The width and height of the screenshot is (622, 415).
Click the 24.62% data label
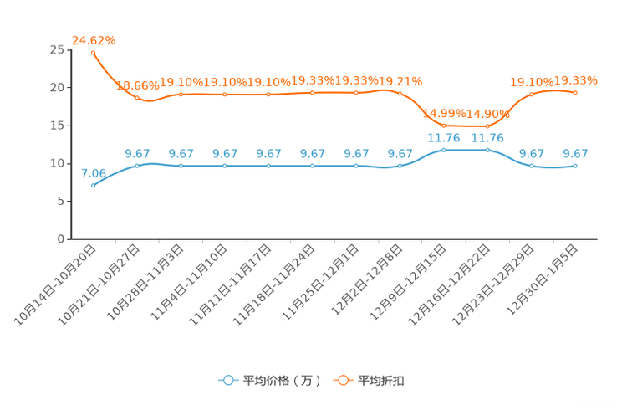pos(94,40)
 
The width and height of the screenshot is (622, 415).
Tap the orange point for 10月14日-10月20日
pos(94,53)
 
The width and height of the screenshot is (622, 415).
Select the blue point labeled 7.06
pos(94,186)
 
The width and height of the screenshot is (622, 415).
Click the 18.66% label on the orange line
pos(138,85)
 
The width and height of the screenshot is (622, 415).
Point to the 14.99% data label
pos(444,113)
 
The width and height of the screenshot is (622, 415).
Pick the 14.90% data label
pos(488,114)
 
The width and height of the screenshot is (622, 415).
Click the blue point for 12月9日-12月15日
pos(444,150)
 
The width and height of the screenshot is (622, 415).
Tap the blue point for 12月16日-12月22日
pos(487,150)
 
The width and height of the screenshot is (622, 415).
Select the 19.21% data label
pos(400,81)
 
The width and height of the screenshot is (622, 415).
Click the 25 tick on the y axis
pos(57,49)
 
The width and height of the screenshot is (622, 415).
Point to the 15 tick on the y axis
pos(57,126)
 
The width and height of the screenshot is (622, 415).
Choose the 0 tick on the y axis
pos(61,238)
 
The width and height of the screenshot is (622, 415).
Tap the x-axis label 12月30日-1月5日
pos(542,279)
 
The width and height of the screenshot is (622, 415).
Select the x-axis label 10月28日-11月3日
pos(145,282)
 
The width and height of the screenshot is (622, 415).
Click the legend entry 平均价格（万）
pos(270,381)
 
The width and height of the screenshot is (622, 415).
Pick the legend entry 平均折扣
pos(369,381)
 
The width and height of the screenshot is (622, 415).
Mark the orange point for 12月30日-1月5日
pos(575,93)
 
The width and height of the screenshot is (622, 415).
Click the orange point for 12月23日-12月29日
pos(532,95)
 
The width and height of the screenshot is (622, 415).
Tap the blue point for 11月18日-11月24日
pos(312,166)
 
